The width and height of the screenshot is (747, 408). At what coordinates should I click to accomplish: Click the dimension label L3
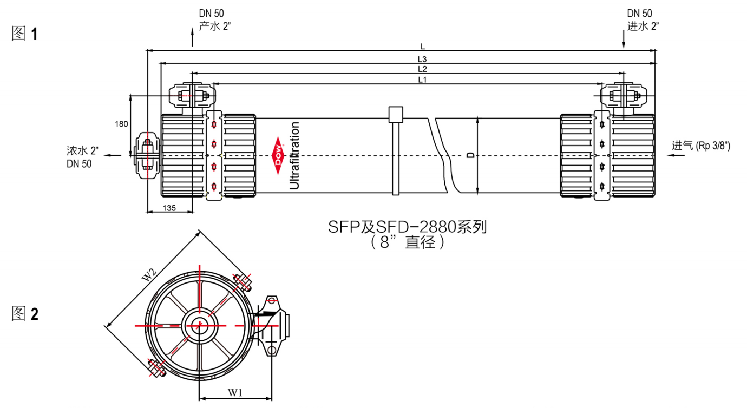(x=423, y=58)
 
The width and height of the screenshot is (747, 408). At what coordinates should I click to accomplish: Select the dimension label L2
(x=423, y=69)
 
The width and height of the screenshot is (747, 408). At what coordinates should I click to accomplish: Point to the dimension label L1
(x=423, y=80)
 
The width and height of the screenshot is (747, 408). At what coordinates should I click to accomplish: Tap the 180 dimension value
(x=122, y=124)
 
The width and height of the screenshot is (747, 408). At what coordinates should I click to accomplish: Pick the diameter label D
(x=470, y=155)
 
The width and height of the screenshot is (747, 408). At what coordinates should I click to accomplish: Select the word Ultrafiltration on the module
(x=294, y=155)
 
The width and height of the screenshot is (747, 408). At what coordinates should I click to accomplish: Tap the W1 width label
(x=235, y=392)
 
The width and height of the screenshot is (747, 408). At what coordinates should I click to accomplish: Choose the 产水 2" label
(x=215, y=26)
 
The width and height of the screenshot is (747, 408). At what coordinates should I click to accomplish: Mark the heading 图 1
(x=25, y=34)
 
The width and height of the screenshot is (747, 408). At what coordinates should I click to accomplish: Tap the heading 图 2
(x=25, y=313)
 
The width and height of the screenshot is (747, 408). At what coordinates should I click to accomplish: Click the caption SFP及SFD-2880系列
(x=408, y=227)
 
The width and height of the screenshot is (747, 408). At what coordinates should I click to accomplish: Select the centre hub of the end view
(x=199, y=325)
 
